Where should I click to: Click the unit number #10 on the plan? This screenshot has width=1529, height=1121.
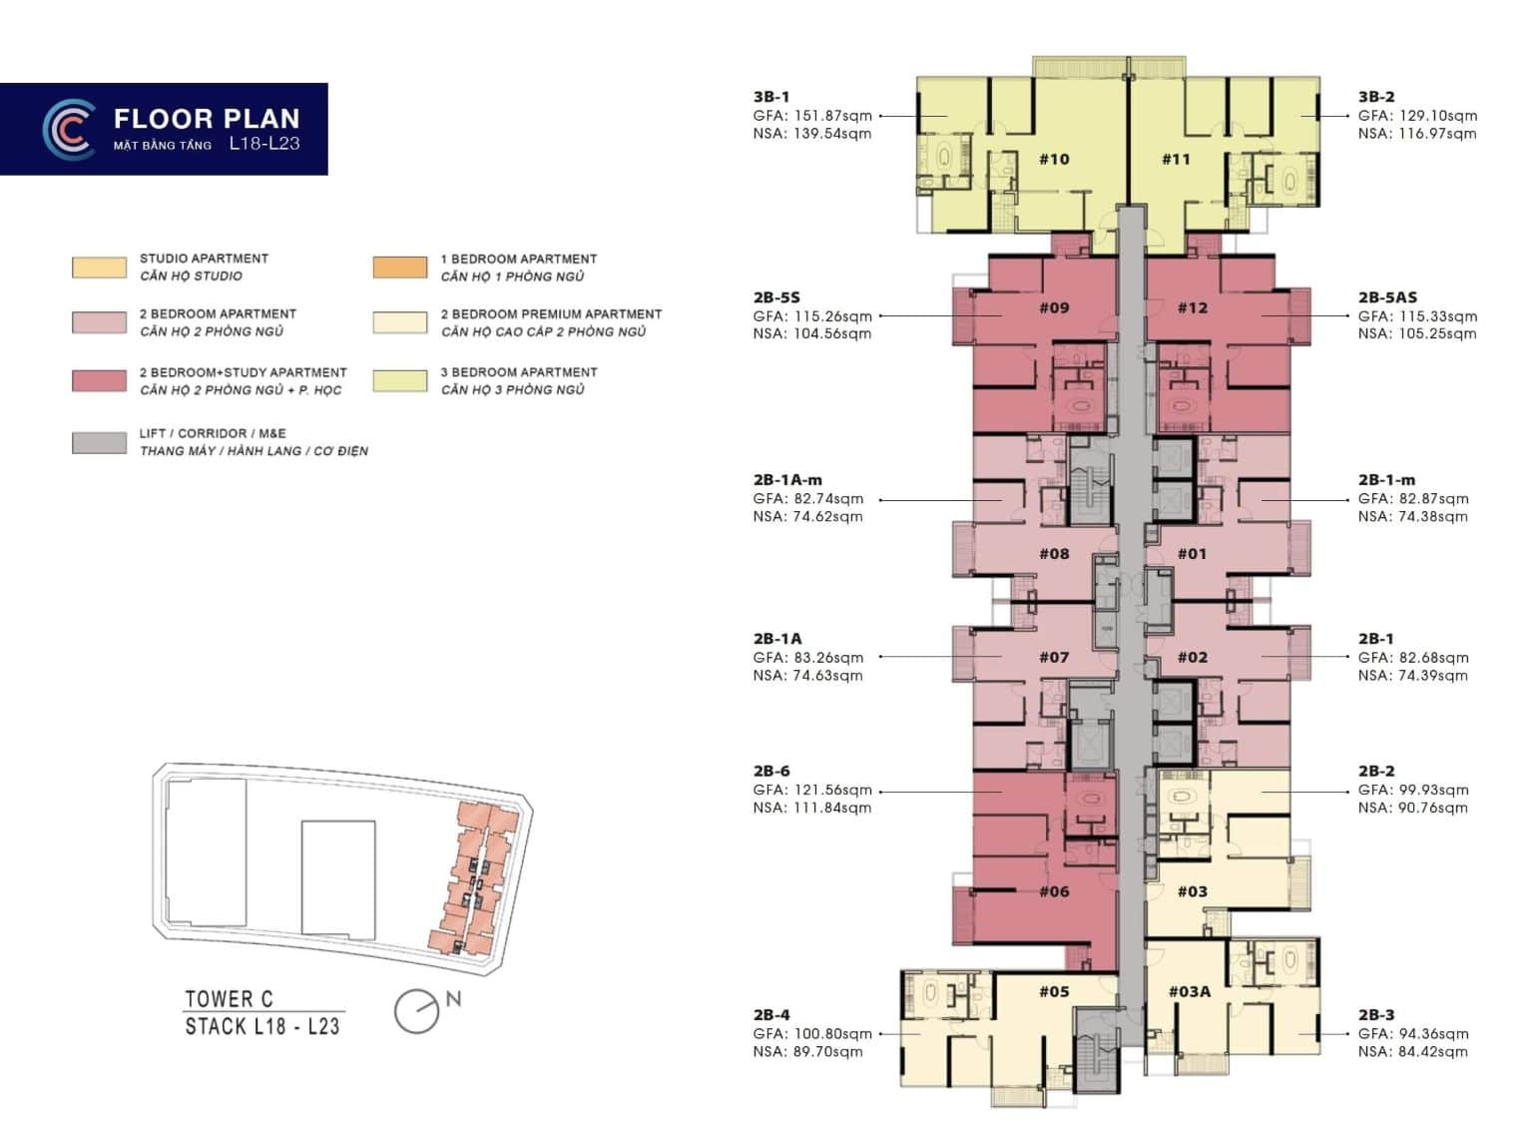tap(1054, 159)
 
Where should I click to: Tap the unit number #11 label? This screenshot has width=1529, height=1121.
tap(1176, 159)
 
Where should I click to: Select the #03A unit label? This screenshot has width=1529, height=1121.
tap(1189, 992)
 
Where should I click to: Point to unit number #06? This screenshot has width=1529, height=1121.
tap(1054, 891)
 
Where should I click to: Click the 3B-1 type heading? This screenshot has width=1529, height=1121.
tap(771, 97)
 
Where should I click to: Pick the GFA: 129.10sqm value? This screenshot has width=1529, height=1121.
tap(1417, 116)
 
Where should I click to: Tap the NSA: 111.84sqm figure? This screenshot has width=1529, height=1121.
tap(812, 808)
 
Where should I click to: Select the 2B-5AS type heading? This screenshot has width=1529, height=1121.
tap(1387, 297)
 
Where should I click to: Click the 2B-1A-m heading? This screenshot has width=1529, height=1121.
tap(787, 480)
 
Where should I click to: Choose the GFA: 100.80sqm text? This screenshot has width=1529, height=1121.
tap(812, 1033)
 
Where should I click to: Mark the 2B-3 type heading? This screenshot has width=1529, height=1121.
tap(1376, 1015)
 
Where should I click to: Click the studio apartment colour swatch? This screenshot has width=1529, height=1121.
tap(99, 268)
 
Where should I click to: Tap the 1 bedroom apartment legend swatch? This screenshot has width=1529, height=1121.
tap(400, 268)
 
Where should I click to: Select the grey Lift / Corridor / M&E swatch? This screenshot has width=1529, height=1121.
tap(99, 442)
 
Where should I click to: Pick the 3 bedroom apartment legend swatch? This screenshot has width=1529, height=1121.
tap(400, 381)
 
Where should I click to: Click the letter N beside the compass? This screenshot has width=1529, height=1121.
tap(453, 999)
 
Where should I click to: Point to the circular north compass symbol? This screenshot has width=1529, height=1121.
tap(416, 1011)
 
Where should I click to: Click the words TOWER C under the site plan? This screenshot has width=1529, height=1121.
tap(230, 999)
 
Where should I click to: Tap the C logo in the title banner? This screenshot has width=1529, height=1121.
tap(68, 129)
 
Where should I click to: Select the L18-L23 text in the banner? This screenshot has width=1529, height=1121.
tap(264, 144)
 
